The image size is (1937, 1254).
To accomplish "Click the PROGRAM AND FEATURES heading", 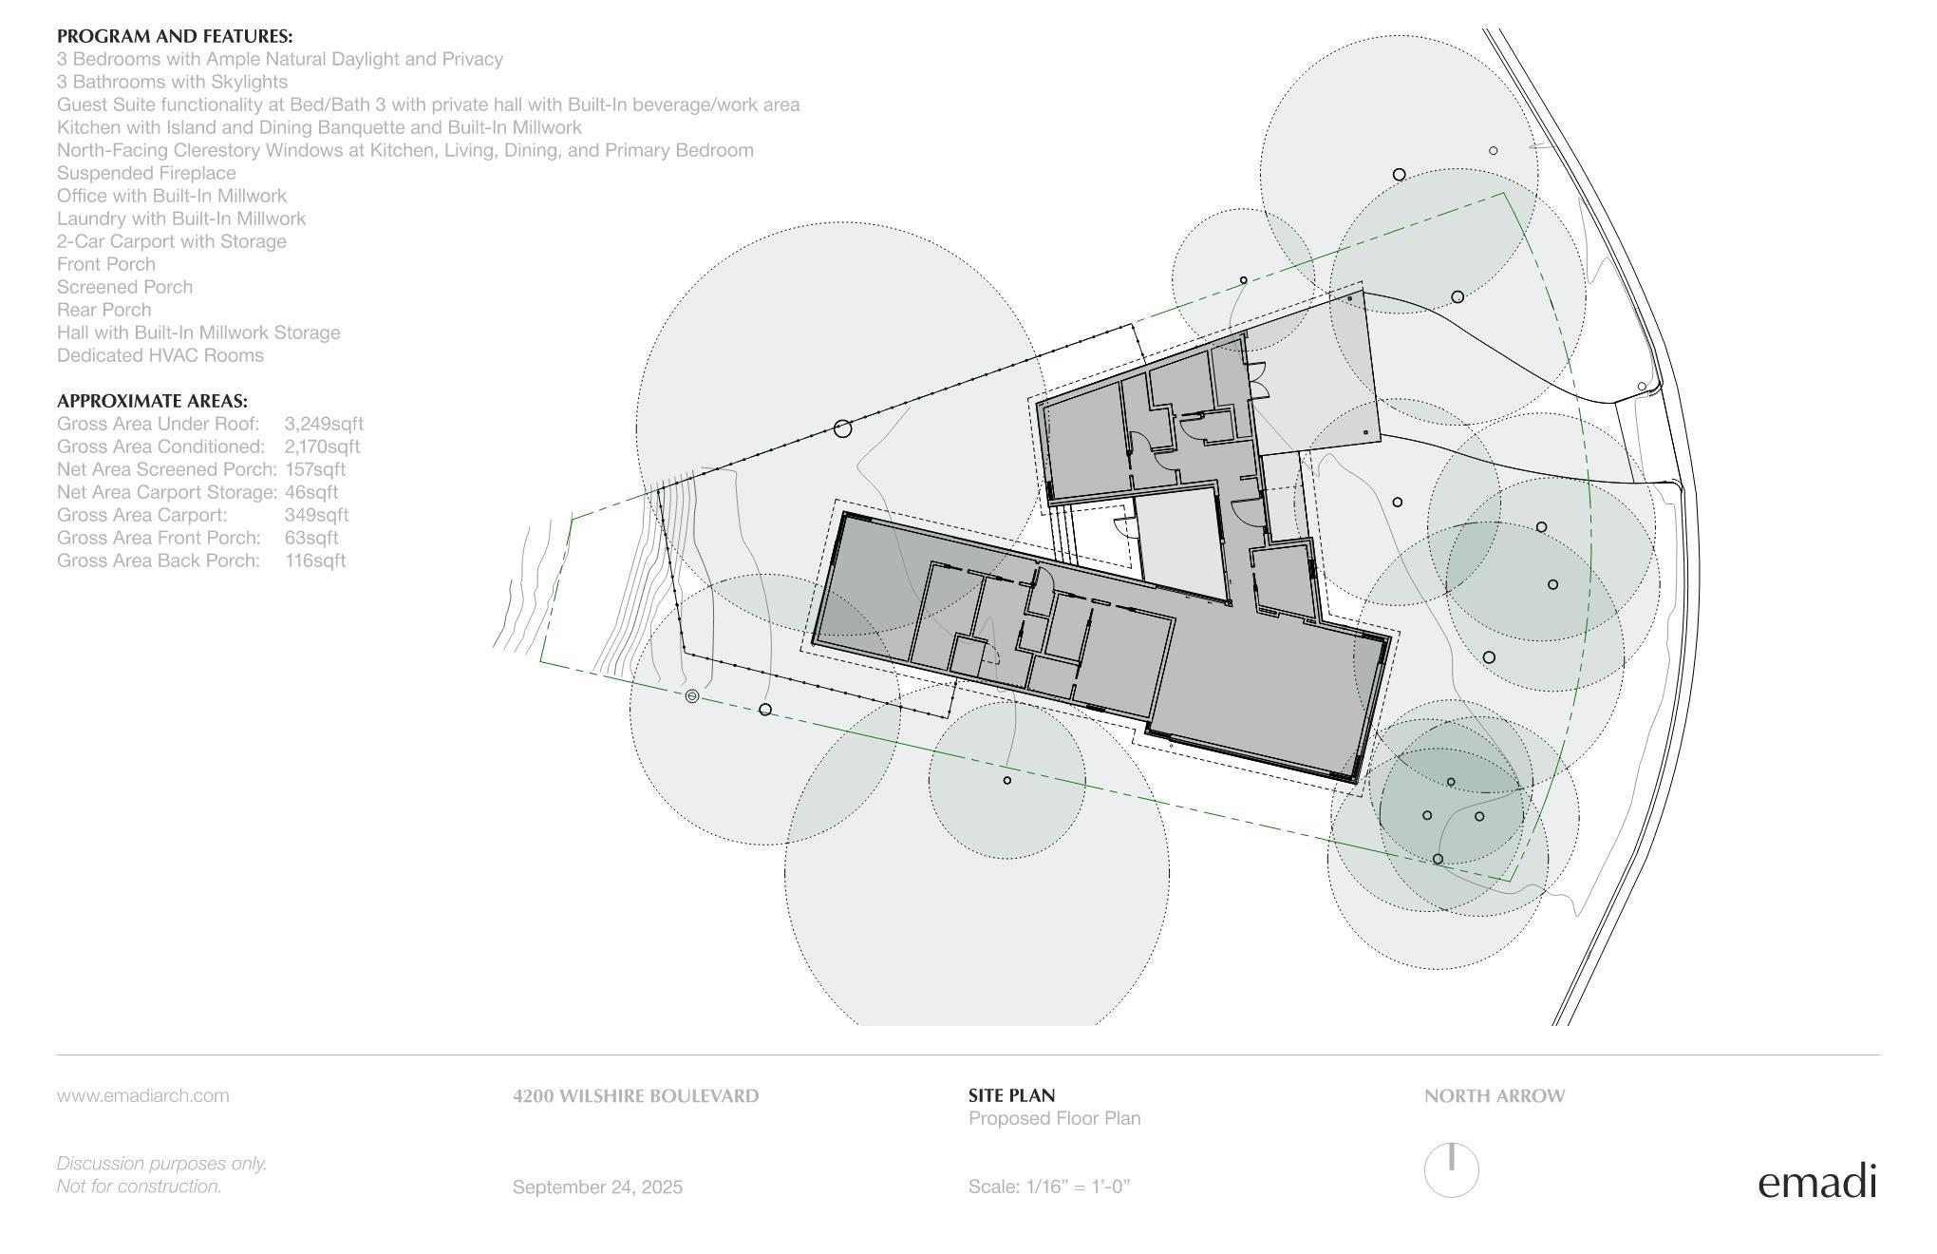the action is click(x=175, y=36).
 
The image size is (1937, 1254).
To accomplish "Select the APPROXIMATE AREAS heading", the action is click(x=152, y=401).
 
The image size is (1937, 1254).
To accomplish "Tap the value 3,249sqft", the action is click(x=324, y=424).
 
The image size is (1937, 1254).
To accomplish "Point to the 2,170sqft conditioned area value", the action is click(x=322, y=446).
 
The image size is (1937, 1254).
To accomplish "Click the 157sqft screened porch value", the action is click(x=315, y=469).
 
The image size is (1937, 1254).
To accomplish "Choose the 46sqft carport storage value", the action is click(x=311, y=492).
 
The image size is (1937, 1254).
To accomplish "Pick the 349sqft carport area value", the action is click(x=316, y=515).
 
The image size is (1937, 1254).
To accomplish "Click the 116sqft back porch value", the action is click(x=315, y=560).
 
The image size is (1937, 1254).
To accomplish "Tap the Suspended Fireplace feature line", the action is click(x=146, y=173).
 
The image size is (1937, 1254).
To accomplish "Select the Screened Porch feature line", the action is click(x=124, y=287).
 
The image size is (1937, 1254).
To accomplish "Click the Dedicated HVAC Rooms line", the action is click(x=160, y=355).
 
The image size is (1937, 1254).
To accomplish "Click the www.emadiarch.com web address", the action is click(x=142, y=1095).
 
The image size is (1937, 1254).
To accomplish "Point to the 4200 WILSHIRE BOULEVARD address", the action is click(x=636, y=1095).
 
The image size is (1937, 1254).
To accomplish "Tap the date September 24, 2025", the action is click(x=597, y=1187).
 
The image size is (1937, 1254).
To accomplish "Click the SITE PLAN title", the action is click(x=1011, y=1095).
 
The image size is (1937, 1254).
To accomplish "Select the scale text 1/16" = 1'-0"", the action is click(x=1079, y=1187).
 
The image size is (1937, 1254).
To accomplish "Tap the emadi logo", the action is click(x=1817, y=1181).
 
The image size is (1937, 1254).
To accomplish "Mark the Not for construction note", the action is click(x=139, y=1187).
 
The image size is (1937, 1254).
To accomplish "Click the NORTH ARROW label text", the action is click(x=1495, y=1095).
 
